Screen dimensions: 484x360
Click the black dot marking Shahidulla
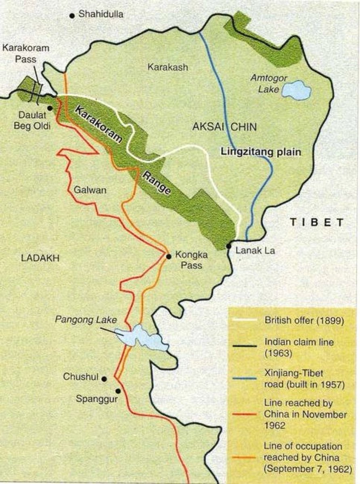[72, 16]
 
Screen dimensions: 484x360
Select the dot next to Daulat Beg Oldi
[50, 108]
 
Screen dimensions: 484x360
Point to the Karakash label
[167, 67]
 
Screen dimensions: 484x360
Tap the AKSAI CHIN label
[224, 127]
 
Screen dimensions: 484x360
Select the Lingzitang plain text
[261, 152]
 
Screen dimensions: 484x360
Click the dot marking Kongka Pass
[168, 255]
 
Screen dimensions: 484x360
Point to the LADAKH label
[40, 259]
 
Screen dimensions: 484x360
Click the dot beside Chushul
[104, 379]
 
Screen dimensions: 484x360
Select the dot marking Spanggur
[118, 391]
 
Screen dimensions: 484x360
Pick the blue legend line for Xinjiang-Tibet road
[244, 378]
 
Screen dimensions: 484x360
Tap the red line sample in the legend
[244, 414]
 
